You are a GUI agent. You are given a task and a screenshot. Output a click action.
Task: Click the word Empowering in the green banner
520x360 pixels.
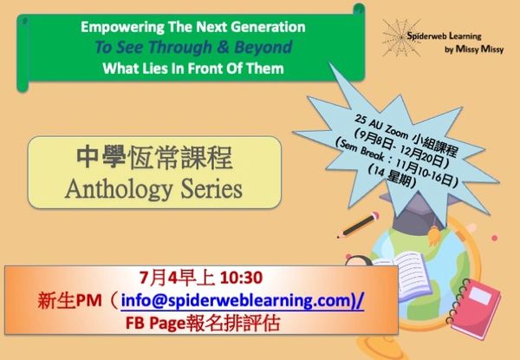pyautogui.click(x=123, y=28)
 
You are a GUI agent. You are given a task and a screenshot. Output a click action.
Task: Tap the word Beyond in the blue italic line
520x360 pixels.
pyautogui.click(x=263, y=47)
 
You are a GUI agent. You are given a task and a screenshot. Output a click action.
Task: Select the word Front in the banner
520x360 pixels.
pyautogui.click(x=203, y=69)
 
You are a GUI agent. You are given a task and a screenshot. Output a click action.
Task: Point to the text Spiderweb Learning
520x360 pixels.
pyautogui.click(x=444, y=36)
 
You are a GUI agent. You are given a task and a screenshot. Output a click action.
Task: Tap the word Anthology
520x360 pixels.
pyautogui.click(x=119, y=189)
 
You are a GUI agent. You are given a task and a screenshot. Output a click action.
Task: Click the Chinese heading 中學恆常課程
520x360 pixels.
pyautogui.click(x=154, y=158)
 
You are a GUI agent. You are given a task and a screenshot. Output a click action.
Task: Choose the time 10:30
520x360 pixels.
pyautogui.click(x=241, y=278)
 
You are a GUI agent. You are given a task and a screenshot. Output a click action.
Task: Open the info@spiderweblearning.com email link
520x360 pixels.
pyautogui.click(x=242, y=301)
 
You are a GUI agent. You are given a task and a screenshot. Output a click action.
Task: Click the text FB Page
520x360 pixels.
pyautogui.click(x=155, y=323)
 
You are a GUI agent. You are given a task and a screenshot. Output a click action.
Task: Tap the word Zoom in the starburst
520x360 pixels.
pyautogui.click(x=396, y=131)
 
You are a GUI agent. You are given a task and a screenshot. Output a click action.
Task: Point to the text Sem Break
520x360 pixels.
pyautogui.click(x=362, y=153)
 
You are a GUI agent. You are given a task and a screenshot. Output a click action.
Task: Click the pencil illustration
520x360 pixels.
pyautogui.click(x=358, y=225)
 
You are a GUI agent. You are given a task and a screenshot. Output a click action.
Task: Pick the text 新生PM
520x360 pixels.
pyautogui.click(x=69, y=301)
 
